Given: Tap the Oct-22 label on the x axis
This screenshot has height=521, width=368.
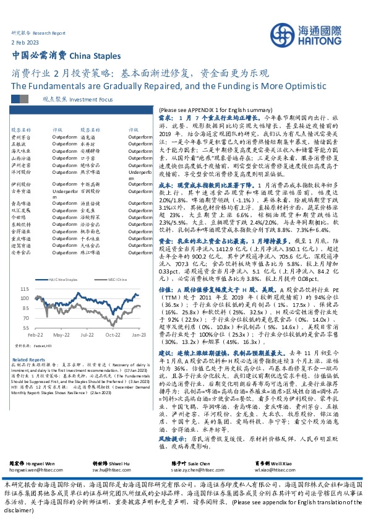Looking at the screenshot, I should (x=113, y=334).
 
